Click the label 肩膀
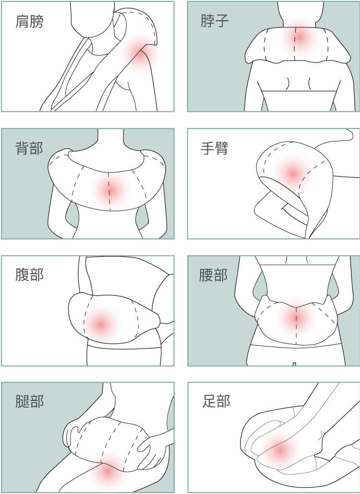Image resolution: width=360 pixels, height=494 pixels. pos(29,22)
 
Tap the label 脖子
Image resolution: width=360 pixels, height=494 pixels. pos(215,21)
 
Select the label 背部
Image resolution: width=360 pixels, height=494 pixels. pos(29,148)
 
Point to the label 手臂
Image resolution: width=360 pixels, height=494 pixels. pos(215,148)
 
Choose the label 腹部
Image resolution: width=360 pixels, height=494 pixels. pos(29,275)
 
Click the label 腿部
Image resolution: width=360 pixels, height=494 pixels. pos(29,401)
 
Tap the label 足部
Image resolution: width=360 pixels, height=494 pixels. pos(216,401)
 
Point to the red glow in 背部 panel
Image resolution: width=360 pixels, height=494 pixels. pos(111,190)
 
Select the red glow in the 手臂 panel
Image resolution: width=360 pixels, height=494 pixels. pos(293,173)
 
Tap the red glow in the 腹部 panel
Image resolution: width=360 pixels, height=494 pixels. pos(100,324)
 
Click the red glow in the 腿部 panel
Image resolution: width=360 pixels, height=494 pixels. pos(108,471)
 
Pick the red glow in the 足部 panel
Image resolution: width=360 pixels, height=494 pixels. pos(279,451)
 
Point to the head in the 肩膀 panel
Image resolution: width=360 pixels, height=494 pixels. pos(92,19)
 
